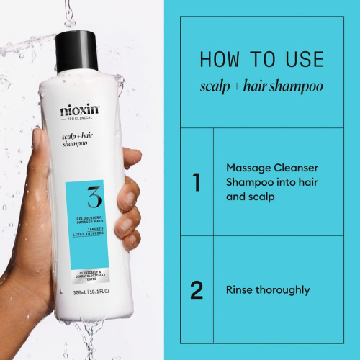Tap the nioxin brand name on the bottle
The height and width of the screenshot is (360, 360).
(80, 112)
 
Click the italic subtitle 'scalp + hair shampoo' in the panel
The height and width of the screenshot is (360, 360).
(261, 87)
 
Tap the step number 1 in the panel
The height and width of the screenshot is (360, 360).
(196, 182)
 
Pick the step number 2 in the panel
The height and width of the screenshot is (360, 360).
(196, 290)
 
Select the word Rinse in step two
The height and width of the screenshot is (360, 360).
(240, 290)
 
